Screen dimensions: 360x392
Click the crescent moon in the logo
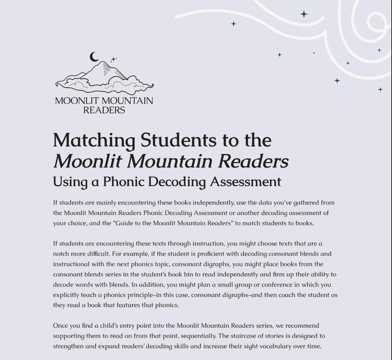coord(94,57)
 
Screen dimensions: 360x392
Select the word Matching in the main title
coord(94,140)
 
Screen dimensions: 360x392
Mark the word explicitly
coord(68,295)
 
